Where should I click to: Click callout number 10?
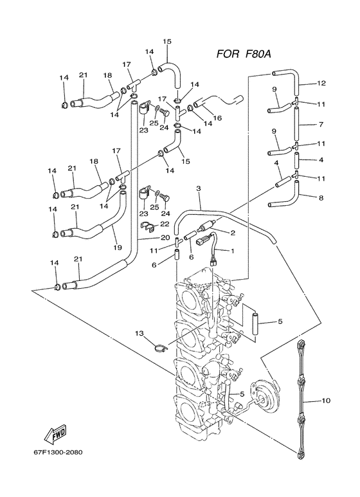pyautogui.click(x=326, y=400)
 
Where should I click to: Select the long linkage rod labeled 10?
pyautogui.click(x=301, y=400)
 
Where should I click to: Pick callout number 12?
pyautogui.click(x=321, y=83)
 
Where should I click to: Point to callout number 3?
pyautogui.click(x=199, y=188)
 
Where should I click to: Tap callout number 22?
pyautogui.click(x=165, y=223)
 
